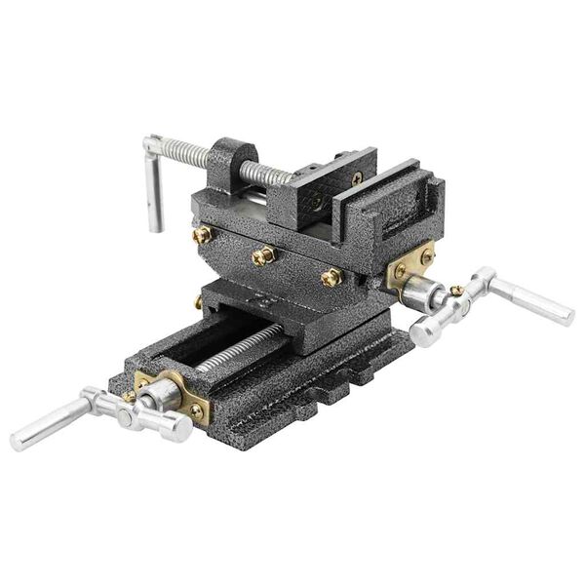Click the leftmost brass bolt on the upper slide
202,234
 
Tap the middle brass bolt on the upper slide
263,255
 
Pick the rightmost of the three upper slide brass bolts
331,277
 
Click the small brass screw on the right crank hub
456,291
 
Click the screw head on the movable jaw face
314,203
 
